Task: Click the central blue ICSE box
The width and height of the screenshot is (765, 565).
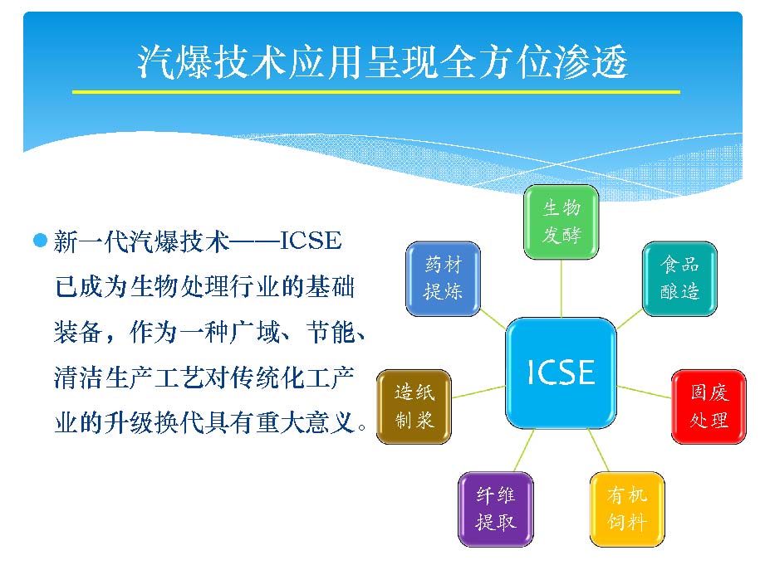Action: (x=561, y=373)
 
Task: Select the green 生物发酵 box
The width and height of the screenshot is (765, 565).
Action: (x=561, y=222)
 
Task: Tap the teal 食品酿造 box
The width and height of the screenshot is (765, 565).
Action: (x=679, y=279)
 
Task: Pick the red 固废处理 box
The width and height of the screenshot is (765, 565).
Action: (x=709, y=407)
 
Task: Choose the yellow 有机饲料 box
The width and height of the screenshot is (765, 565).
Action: (x=627, y=509)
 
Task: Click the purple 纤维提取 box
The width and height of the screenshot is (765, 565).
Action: (x=496, y=509)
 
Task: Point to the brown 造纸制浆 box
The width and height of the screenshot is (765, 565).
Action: (x=414, y=407)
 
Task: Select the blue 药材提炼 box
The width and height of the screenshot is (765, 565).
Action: (x=443, y=279)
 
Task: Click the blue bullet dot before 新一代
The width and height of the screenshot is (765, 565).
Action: (x=40, y=240)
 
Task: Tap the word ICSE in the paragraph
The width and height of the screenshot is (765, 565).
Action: (x=311, y=241)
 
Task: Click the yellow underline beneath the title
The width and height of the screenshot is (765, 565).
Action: (x=375, y=91)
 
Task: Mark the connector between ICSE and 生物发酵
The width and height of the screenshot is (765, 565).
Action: (x=561, y=289)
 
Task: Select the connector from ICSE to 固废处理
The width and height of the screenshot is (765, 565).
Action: (x=644, y=392)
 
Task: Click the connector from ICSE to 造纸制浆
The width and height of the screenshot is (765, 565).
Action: (x=478, y=392)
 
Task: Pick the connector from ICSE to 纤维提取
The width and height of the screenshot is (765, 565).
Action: (x=524, y=451)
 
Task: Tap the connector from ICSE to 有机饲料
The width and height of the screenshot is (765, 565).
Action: (x=599, y=451)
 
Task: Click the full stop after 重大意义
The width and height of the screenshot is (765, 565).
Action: (x=361, y=427)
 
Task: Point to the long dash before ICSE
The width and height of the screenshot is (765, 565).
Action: (x=255, y=241)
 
